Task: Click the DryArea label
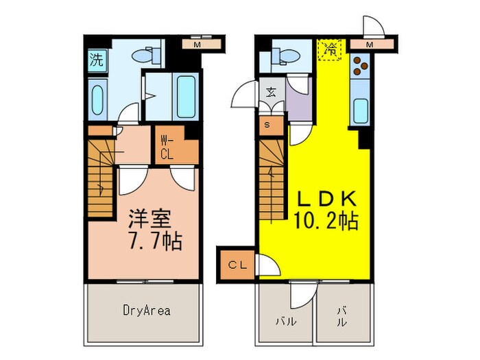point(143,310)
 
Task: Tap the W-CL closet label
point(168,147)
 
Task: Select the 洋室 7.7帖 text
point(152,230)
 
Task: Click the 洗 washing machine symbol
point(97,58)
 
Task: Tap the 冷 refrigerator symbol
point(331,49)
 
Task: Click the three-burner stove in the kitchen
point(361,67)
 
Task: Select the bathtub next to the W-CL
point(185,97)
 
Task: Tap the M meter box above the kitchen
point(369,45)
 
